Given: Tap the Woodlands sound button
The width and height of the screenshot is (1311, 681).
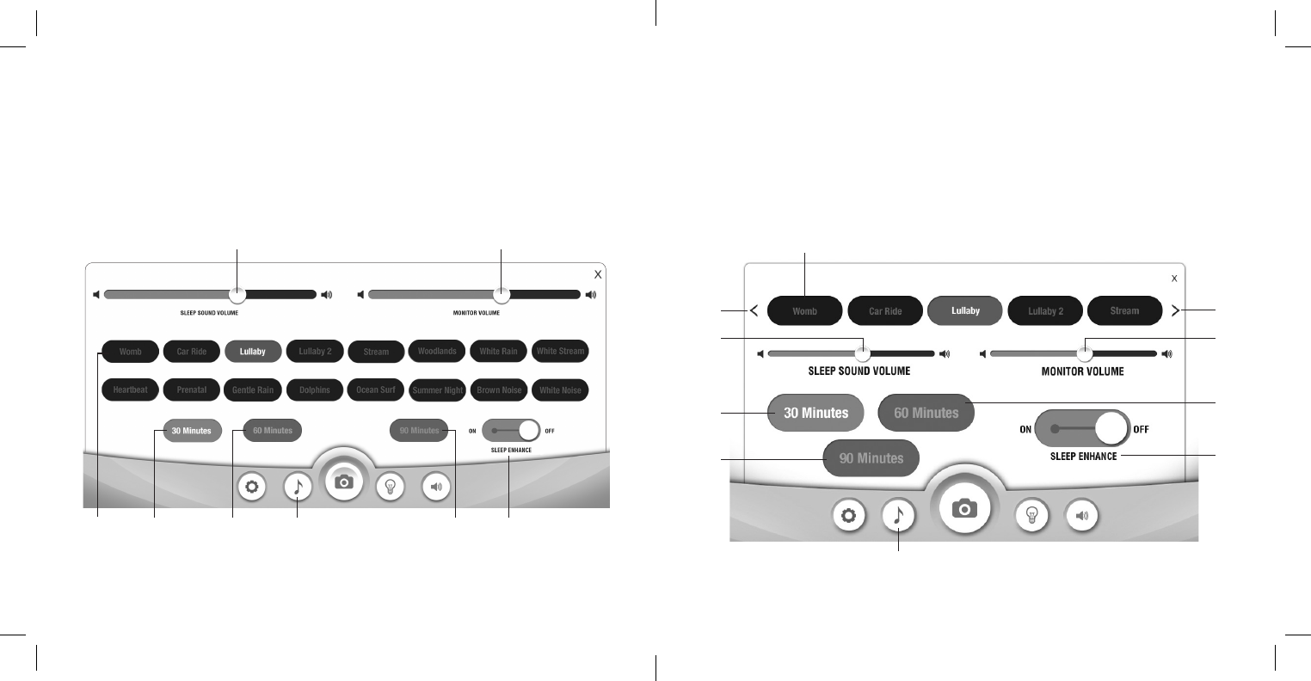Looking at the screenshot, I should point(437,351).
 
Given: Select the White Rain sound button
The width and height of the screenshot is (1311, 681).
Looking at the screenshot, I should point(499,351).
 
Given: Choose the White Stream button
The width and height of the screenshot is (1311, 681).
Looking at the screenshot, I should point(560,351).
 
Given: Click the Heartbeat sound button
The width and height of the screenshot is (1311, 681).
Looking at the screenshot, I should point(130,390).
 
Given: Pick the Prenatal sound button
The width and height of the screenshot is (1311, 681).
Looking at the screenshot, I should point(192,390).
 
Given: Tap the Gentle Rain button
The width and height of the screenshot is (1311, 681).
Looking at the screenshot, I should point(253,390).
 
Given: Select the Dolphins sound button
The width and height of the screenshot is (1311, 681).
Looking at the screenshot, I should point(315,390).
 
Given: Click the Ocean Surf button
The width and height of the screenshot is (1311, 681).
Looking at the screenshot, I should point(376,390).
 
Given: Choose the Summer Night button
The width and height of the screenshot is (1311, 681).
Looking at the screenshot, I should point(438,390).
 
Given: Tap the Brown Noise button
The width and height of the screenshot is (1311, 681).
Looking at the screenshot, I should point(499,390).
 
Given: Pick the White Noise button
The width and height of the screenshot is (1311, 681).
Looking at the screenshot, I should point(560,390).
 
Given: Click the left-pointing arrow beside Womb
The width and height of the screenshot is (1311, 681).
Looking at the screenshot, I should point(754,311).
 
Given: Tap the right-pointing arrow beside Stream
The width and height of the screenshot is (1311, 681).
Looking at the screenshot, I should point(1175,311).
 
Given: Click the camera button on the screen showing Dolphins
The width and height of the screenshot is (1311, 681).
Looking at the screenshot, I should point(343,482).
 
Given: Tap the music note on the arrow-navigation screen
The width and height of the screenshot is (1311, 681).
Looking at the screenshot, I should point(898,515).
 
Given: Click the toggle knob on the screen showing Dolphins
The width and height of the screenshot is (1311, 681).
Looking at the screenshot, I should point(528,430).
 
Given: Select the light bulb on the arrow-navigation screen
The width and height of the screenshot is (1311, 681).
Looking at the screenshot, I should point(1032,515).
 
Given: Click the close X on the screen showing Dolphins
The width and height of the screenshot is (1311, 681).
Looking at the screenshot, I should point(598,274).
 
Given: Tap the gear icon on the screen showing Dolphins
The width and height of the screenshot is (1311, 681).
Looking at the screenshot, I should point(251,487).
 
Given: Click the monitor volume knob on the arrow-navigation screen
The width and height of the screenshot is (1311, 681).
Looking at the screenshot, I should point(1085,353).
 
